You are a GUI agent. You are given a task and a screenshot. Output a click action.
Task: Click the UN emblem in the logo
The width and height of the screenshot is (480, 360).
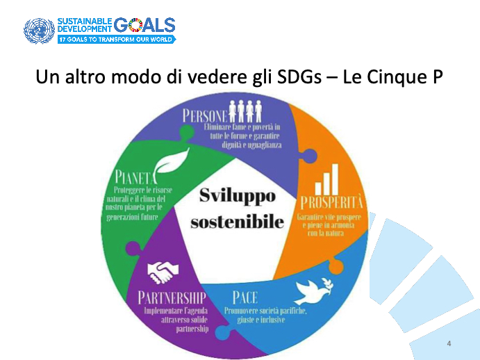(39, 31)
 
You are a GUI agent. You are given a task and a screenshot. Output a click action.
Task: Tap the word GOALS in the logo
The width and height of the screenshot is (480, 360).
(144, 25)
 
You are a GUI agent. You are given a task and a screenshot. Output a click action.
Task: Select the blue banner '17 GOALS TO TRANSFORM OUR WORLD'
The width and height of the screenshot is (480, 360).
(117, 39)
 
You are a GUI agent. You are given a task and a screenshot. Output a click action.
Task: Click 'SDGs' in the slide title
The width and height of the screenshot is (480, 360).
(299, 77)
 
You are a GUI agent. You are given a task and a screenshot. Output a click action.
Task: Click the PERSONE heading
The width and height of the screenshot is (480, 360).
(206, 116)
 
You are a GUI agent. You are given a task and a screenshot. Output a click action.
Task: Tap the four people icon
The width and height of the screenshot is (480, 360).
(245, 111)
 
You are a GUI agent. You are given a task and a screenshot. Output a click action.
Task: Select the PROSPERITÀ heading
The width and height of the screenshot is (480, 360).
(331, 202)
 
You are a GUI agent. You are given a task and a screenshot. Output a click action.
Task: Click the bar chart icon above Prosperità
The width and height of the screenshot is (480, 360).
(326, 179)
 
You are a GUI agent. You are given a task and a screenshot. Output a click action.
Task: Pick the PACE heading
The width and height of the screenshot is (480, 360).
(245, 297)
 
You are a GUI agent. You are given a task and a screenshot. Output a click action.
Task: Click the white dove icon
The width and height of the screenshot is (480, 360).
(313, 291)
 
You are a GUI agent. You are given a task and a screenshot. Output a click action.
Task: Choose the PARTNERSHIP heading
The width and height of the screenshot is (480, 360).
(172, 297)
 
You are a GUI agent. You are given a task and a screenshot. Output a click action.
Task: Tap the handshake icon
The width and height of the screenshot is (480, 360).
(163, 272)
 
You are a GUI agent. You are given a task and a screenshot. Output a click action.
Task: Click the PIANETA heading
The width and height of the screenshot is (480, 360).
(135, 177)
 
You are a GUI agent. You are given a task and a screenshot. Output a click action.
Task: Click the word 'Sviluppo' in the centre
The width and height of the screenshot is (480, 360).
(238, 197)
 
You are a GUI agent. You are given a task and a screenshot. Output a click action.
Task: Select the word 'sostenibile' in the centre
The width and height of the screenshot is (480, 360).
(238, 222)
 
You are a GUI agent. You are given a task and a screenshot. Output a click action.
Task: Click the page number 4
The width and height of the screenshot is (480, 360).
(449, 343)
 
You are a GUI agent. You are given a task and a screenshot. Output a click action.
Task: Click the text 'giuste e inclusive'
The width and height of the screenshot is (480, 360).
(261, 320)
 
